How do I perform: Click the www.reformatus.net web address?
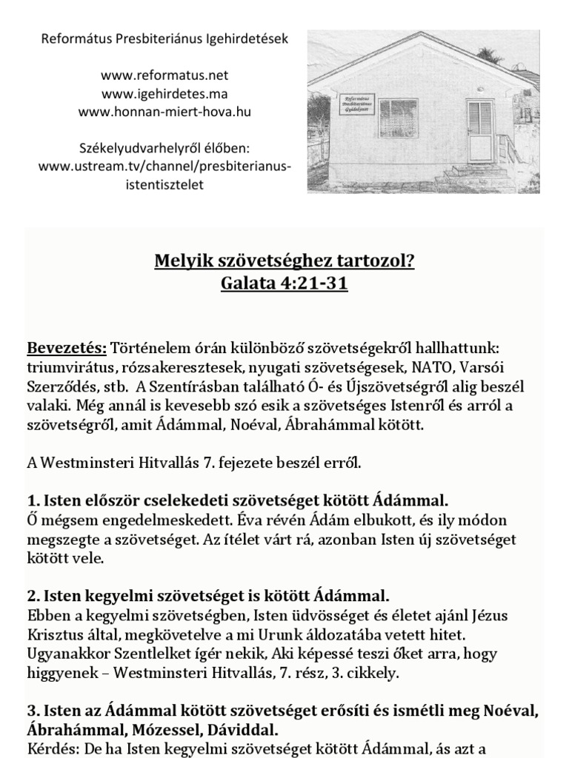pos(164,75)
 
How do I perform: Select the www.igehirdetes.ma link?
pos(164,93)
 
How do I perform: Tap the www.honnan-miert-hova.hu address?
pos(164,112)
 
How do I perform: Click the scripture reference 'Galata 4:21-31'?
pos(284,284)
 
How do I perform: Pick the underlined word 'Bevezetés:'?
pos(67,348)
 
